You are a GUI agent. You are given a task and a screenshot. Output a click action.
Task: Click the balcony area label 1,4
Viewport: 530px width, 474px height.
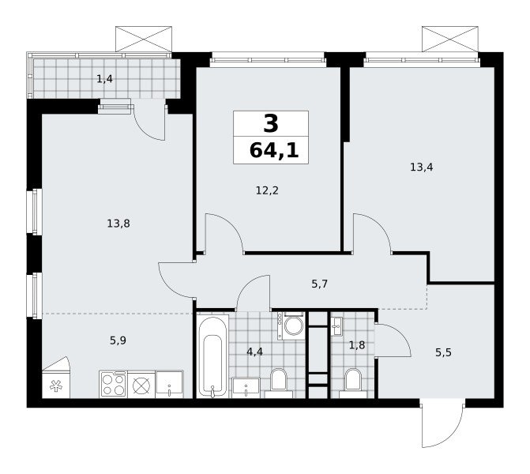(104, 79)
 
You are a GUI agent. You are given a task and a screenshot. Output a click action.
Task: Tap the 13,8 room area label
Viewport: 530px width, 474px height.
(118, 224)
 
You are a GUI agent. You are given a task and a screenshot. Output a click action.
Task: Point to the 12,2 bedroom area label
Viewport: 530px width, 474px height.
(267, 190)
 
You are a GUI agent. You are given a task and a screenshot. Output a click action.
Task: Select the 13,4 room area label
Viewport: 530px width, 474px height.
(422, 167)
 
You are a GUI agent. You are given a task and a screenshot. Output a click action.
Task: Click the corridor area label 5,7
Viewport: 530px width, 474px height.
(319, 284)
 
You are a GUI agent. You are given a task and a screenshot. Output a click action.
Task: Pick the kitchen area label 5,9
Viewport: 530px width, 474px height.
(118, 340)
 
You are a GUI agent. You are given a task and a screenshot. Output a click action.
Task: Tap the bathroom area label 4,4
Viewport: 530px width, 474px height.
(254, 352)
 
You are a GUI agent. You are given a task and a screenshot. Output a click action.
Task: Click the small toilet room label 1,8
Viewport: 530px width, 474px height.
(357, 345)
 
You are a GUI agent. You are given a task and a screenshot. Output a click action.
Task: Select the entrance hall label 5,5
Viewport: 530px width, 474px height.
(443, 353)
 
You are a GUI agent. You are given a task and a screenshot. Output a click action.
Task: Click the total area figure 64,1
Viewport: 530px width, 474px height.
(274, 150)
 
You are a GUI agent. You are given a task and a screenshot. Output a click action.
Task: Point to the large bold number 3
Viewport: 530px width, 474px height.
(271, 123)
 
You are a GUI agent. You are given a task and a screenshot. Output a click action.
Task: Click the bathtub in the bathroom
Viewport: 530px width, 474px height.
(212, 356)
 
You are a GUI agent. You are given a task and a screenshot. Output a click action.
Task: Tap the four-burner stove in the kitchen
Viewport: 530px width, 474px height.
(113, 385)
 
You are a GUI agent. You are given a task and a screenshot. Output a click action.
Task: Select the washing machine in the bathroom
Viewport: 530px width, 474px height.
(291, 325)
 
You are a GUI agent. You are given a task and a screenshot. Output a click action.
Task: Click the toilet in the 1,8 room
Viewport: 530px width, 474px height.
(353, 383)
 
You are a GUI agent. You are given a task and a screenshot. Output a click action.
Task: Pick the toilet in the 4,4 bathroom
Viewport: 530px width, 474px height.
(279, 383)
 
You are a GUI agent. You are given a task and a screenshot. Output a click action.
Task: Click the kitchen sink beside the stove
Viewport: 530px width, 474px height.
(169, 385)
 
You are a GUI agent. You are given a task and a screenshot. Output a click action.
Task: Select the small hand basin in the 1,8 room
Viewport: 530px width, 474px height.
(336, 326)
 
